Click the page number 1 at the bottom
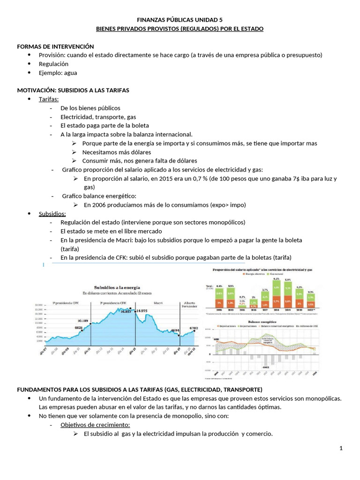[x=342, y=449]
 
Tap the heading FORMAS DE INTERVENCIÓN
[x=55, y=46]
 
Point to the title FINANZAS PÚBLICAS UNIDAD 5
[x=180, y=20]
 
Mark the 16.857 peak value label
[x=126, y=311]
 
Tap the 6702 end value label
[x=193, y=328]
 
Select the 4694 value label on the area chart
[x=174, y=330]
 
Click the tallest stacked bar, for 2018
[x=277, y=296]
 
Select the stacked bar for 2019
[x=288, y=297]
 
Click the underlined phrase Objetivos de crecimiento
[x=95, y=425]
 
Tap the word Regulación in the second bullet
[x=54, y=64]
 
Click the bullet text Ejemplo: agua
[x=58, y=73]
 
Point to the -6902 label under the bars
[x=265, y=367]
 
